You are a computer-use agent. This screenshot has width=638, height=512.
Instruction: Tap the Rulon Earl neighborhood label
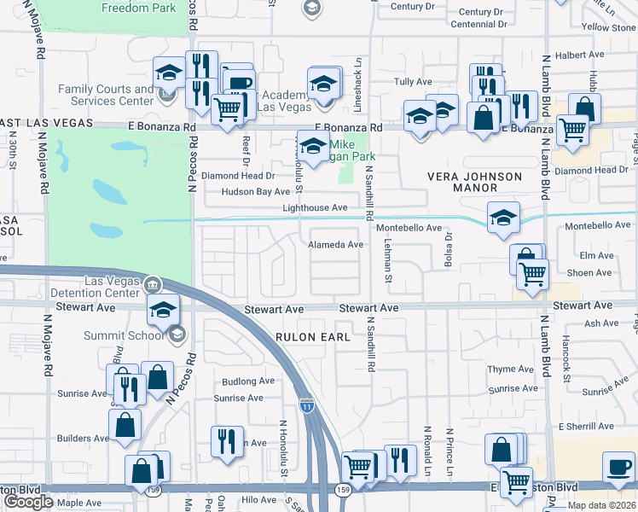click(313, 337)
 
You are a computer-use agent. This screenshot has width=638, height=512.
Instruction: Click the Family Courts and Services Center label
click(107, 95)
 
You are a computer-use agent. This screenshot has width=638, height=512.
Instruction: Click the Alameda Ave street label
click(335, 245)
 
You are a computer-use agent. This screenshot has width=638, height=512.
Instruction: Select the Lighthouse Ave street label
click(315, 208)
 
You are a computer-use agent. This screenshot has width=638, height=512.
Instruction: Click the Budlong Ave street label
click(247, 381)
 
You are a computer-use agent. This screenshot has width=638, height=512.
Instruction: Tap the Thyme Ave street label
click(511, 369)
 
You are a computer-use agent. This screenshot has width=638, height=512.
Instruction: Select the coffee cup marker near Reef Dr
click(240, 83)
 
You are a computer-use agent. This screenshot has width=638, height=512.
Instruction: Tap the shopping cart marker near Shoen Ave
click(533, 275)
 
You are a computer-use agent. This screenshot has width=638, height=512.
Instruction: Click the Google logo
click(28, 502)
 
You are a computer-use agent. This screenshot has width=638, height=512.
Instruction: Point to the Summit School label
click(134, 335)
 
